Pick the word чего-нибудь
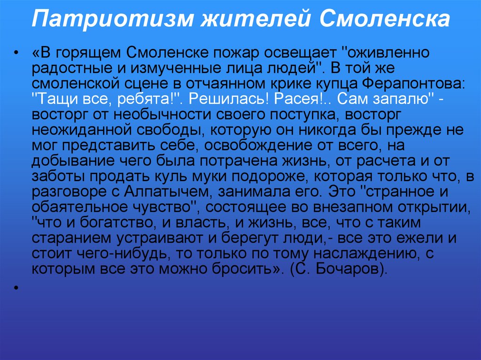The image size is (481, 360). (x=119, y=254)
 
